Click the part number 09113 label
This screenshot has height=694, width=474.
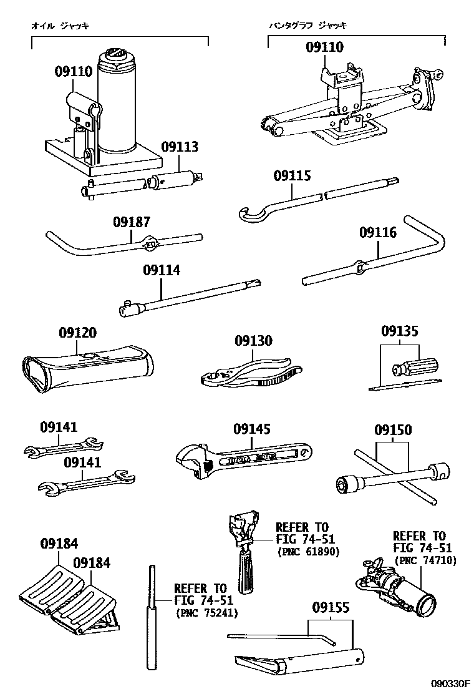point(180,147)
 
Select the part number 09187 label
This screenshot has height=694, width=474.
point(132,222)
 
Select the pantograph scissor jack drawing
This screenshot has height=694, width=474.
point(349,106)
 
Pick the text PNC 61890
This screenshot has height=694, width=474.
point(302,552)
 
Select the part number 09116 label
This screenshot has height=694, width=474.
point(377,233)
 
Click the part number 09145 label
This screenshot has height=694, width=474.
point(252,429)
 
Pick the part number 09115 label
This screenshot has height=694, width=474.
point(291,176)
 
